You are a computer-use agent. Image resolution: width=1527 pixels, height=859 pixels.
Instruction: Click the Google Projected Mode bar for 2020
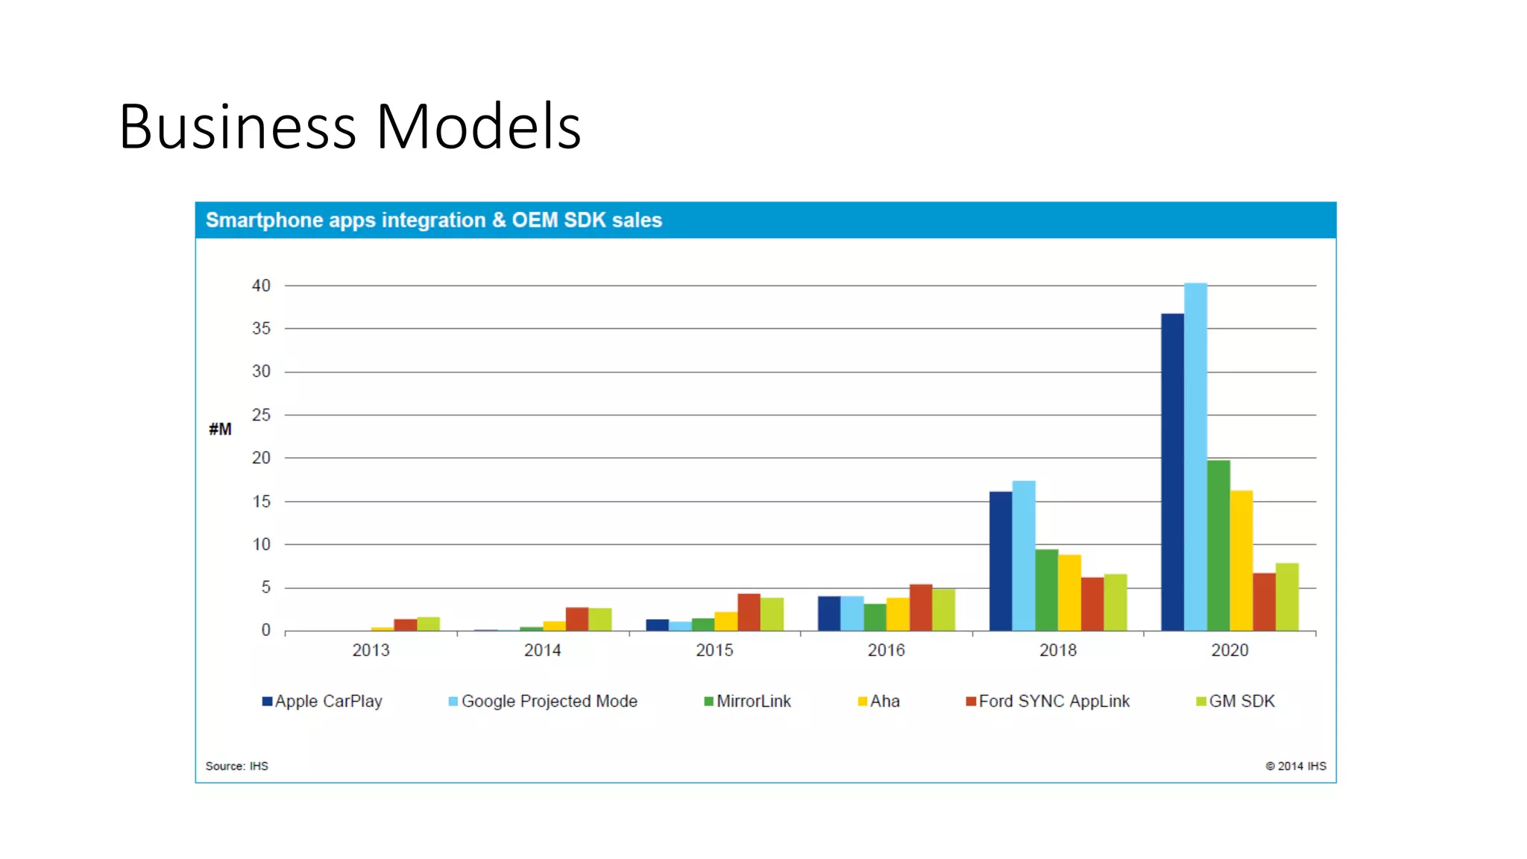pos(1195,456)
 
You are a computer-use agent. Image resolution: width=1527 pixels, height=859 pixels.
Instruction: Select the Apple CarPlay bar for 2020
pos(1172,471)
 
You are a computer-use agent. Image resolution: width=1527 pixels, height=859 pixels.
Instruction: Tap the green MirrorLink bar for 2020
pos(1218,545)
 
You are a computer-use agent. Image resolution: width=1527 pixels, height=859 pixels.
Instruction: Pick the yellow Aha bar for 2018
pos(1069,593)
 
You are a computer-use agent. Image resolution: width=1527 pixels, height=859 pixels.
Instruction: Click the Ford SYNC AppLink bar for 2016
pos(921,608)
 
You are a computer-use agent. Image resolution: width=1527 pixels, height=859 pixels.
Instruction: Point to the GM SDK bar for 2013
pos(428,624)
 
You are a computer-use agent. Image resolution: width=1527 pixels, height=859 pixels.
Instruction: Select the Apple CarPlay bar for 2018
pos(1001,561)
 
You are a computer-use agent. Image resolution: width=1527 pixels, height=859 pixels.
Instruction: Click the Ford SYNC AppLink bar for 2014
pos(577,619)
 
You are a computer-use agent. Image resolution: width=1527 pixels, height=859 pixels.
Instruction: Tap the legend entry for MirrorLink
pos(747,701)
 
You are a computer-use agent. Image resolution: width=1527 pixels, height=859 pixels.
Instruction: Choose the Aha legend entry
pos(879,701)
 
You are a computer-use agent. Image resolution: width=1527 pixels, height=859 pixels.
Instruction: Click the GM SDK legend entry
pos(1235,701)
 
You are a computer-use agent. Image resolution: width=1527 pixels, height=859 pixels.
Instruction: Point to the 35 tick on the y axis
pos(261,328)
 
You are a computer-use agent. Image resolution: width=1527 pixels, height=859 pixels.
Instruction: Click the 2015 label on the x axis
pos(714,650)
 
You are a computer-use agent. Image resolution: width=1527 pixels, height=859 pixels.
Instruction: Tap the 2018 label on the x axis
pos(1057,650)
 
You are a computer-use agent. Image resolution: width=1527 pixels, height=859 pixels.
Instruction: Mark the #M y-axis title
pos(220,429)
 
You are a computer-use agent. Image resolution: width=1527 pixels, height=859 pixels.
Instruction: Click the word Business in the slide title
pos(237,127)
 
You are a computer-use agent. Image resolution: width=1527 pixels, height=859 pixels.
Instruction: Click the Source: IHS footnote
pos(236,766)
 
